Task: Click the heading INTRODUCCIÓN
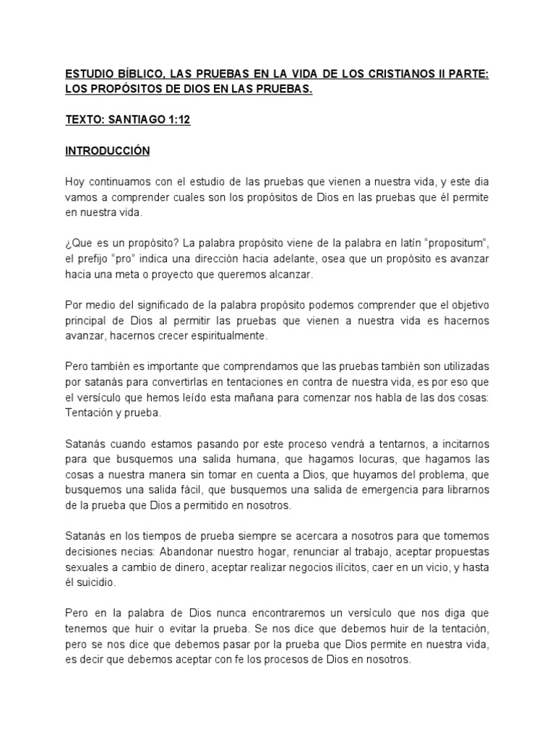[108, 152]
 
